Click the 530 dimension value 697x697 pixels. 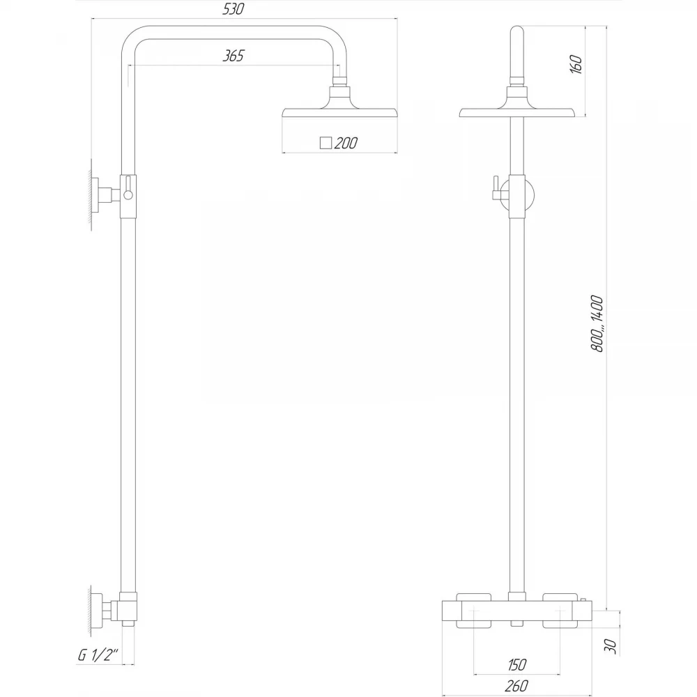click(233, 9)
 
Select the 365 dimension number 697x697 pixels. click(233, 56)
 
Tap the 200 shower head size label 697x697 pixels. click(346, 143)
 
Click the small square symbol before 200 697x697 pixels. click(325, 143)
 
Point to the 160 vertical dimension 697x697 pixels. click(576, 64)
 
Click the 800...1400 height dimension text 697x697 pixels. click(597, 323)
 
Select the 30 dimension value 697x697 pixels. click(611, 646)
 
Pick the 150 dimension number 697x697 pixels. click(516, 665)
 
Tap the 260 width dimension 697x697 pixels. click(516, 686)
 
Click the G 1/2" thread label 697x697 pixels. click(98, 655)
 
